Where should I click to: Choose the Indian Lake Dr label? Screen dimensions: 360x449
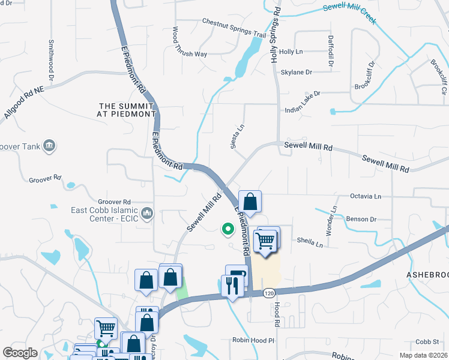tap(303, 94)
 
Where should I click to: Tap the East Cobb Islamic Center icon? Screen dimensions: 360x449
tap(148, 213)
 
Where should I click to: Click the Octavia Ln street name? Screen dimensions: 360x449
tap(366, 196)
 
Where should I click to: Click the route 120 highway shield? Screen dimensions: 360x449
tap(269, 293)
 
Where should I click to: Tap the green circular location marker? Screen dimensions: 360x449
tap(228, 228)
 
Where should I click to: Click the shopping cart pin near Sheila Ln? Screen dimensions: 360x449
tap(266, 241)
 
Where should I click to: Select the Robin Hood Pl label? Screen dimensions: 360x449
tap(253, 340)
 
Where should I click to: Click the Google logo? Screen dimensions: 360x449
tap(20, 352)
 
